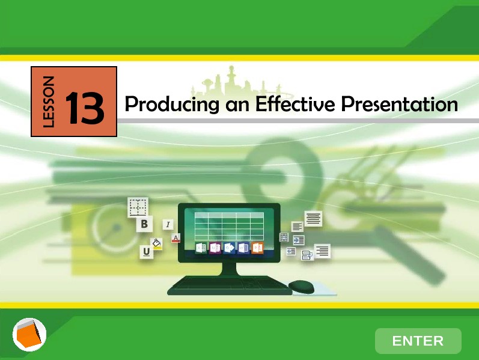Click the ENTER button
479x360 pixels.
pyautogui.click(x=418, y=341)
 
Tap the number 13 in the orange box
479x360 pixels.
pyautogui.click(x=85, y=108)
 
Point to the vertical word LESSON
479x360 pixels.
pyautogui.click(x=49, y=102)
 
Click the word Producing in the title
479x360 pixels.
pyautogui.click(x=172, y=105)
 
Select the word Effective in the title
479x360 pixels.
pyautogui.click(x=295, y=104)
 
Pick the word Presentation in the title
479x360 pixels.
pyautogui.click(x=399, y=104)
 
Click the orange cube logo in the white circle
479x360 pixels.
pyautogui.click(x=29, y=335)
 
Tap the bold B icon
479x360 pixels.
pyautogui.click(x=144, y=224)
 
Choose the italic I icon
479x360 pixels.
pyautogui.click(x=168, y=225)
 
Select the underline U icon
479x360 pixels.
pyautogui.click(x=146, y=252)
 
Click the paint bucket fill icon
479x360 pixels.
pyautogui.click(x=157, y=244)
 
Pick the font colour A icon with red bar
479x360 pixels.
pyautogui.click(x=175, y=238)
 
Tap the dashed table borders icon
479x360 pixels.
pyautogui.click(x=138, y=207)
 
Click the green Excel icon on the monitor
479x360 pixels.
pyautogui.click(x=201, y=248)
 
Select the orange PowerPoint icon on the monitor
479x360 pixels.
pyautogui.click(x=257, y=248)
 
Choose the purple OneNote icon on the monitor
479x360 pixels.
pyautogui.click(x=215, y=248)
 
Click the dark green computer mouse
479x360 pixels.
pyautogui.click(x=301, y=286)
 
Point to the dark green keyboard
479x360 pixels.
pyautogui.click(x=229, y=285)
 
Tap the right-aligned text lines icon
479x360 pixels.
pyautogui.click(x=322, y=251)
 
